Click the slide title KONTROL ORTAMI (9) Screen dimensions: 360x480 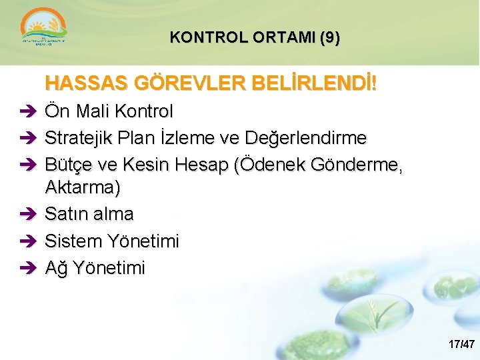[x=255, y=38]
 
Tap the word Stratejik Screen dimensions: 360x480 [x=79, y=138]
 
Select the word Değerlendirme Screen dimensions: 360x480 [x=306, y=138]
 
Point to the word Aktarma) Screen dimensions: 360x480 [x=83, y=188]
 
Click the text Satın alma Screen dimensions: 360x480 [x=89, y=214]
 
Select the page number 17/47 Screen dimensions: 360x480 [x=461, y=345]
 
